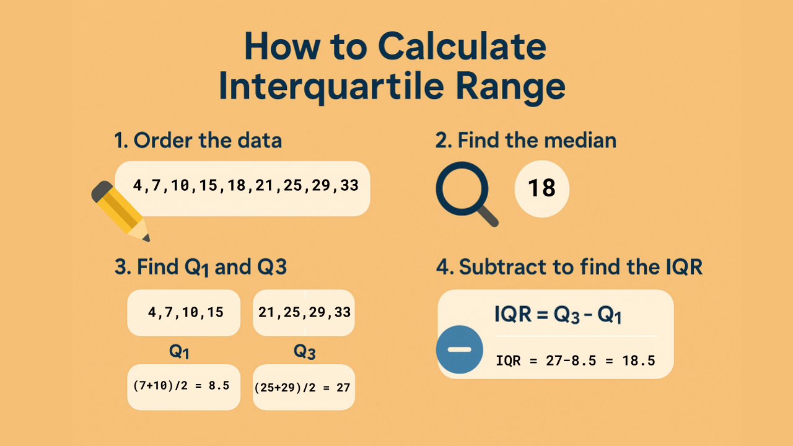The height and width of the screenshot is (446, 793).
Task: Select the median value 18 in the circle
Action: tap(541, 188)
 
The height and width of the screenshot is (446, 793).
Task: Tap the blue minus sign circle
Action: tap(459, 350)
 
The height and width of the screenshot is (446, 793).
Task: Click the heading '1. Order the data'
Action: tap(198, 141)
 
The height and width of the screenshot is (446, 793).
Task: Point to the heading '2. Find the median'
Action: tap(525, 141)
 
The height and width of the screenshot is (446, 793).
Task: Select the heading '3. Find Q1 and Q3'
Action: tap(200, 267)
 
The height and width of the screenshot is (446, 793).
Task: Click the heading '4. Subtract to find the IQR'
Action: tap(569, 267)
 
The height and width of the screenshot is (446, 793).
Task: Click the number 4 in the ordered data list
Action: tap(138, 185)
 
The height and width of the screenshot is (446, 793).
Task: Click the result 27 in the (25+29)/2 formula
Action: tap(343, 388)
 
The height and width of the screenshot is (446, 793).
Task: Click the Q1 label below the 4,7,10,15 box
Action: tap(180, 353)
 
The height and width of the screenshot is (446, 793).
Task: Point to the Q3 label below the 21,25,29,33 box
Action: tap(304, 353)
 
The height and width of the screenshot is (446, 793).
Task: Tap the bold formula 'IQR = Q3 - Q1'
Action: tap(558, 315)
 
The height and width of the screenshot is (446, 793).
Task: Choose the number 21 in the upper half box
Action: tap(266, 313)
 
